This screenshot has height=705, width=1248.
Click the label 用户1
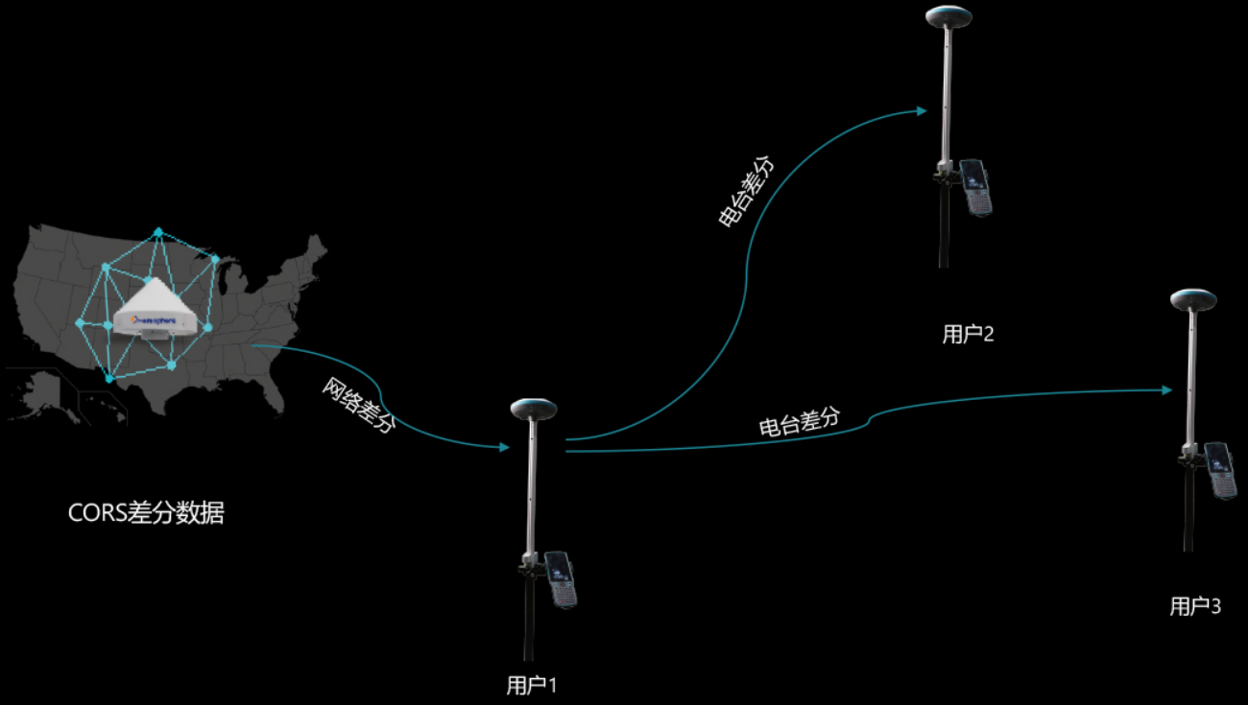click(x=531, y=685)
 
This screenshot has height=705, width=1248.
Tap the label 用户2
click(x=968, y=334)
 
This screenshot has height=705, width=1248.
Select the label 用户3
click(x=1194, y=606)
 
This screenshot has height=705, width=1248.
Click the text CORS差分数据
click(x=146, y=513)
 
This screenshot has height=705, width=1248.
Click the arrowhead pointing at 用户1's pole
click(x=505, y=447)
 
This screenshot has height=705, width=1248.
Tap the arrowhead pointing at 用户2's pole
click(x=922, y=111)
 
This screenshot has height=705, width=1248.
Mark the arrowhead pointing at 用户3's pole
click(x=1166, y=389)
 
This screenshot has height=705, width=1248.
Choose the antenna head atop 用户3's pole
click(x=1193, y=298)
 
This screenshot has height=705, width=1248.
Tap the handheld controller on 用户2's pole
click(x=975, y=187)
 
